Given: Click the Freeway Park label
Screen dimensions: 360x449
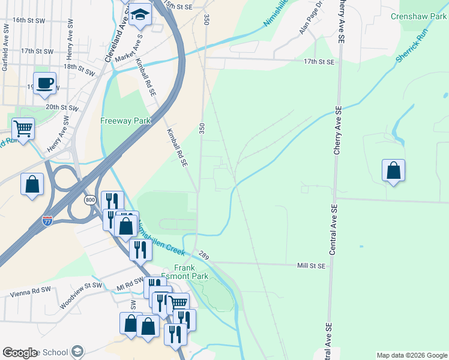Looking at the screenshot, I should click(125, 121).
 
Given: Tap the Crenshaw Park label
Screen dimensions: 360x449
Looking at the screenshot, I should click(418, 17).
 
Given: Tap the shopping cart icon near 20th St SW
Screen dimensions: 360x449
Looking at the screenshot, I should click(23, 128).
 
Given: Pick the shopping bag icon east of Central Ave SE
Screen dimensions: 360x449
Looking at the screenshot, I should click(393, 170).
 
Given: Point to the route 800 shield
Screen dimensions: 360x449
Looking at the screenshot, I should click(90, 199).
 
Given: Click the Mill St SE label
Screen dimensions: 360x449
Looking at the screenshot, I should click(311, 265).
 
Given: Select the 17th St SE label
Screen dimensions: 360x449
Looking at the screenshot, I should click(318, 62).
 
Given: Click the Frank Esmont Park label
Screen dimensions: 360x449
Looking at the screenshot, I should click(191, 272).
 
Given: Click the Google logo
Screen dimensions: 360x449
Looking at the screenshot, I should click(20, 352).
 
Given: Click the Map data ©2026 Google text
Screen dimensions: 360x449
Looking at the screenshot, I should click(411, 355).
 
